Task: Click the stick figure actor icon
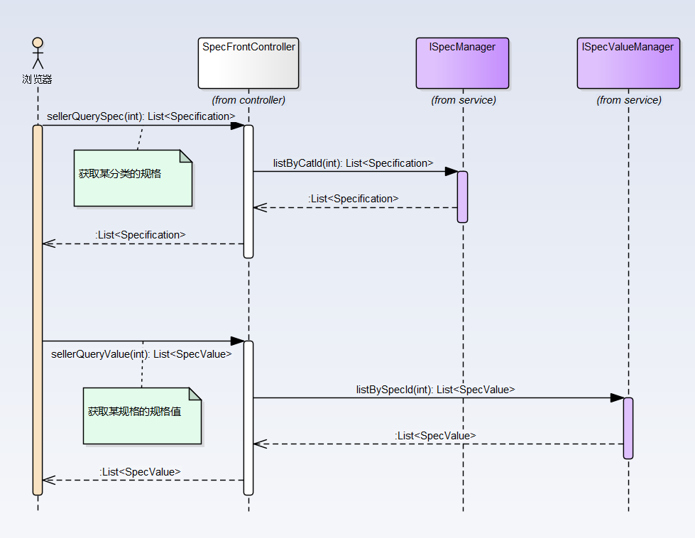pos(38,53)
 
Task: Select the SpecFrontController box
pos(248,63)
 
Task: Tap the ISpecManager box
pos(462,63)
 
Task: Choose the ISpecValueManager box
pos(628,63)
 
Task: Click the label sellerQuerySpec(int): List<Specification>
pos(141,116)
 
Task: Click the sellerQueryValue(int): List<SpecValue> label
pos(141,354)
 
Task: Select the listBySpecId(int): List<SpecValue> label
pos(435,390)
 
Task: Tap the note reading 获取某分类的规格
pos(133,178)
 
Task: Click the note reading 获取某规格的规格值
pos(142,416)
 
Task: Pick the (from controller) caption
pos(248,100)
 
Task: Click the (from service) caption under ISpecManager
pos(463,100)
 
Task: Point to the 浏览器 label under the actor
pos(37,79)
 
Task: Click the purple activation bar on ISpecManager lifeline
pos(462,197)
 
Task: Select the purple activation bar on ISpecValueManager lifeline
pos(628,428)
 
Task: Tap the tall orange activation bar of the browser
pos(38,309)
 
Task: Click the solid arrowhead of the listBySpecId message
pos(617,398)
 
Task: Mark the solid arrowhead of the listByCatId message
pos(452,172)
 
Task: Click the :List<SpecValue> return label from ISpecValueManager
pos(435,436)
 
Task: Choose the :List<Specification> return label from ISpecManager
pos(354,199)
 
